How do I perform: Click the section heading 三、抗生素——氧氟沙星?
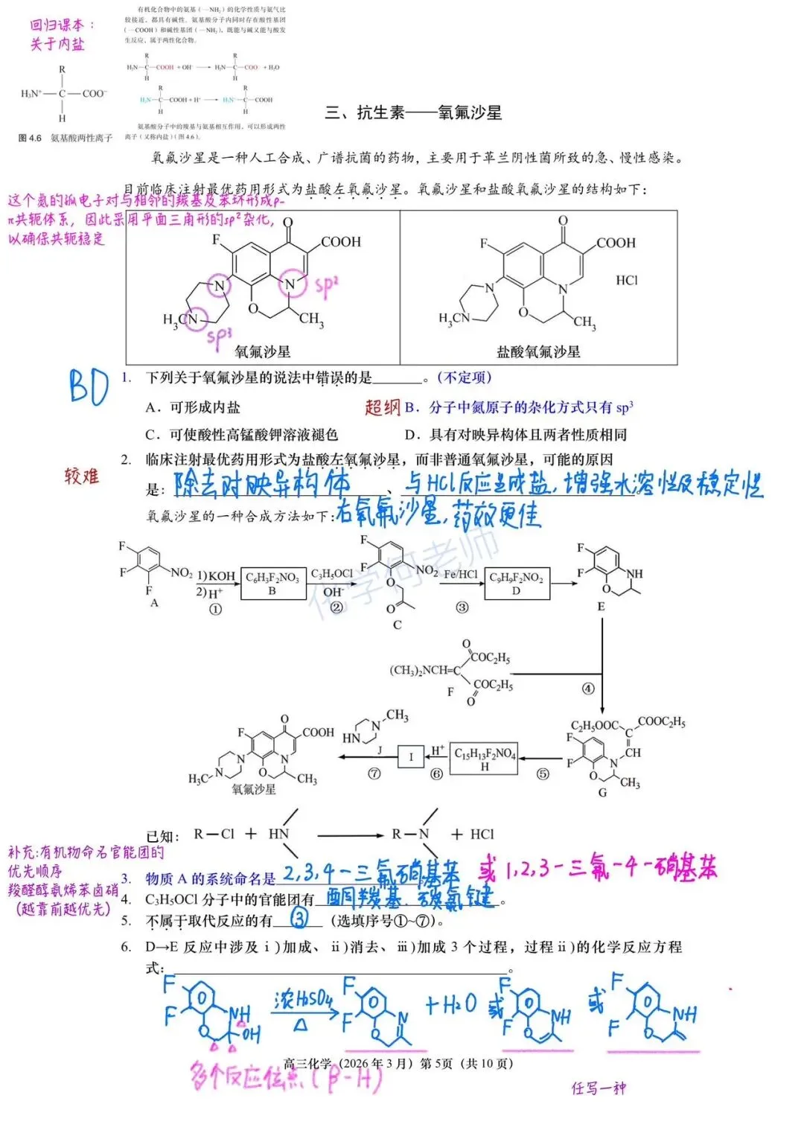click(413, 112)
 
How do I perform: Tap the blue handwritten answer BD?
click(89, 387)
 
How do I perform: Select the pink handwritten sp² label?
click(327, 286)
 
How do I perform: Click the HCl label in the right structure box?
click(627, 280)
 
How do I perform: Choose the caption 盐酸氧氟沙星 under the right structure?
click(538, 351)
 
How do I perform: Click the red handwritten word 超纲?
click(383, 406)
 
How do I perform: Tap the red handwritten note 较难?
click(81, 476)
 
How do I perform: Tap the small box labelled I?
click(410, 757)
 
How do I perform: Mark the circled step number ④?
click(588, 689)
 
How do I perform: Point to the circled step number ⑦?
click(374, 773)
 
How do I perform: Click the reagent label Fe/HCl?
click(461, 575)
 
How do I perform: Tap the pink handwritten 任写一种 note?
click(599, 1088)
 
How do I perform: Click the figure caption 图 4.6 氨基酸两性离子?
click(66, 138)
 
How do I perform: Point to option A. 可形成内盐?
click(193, 407)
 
